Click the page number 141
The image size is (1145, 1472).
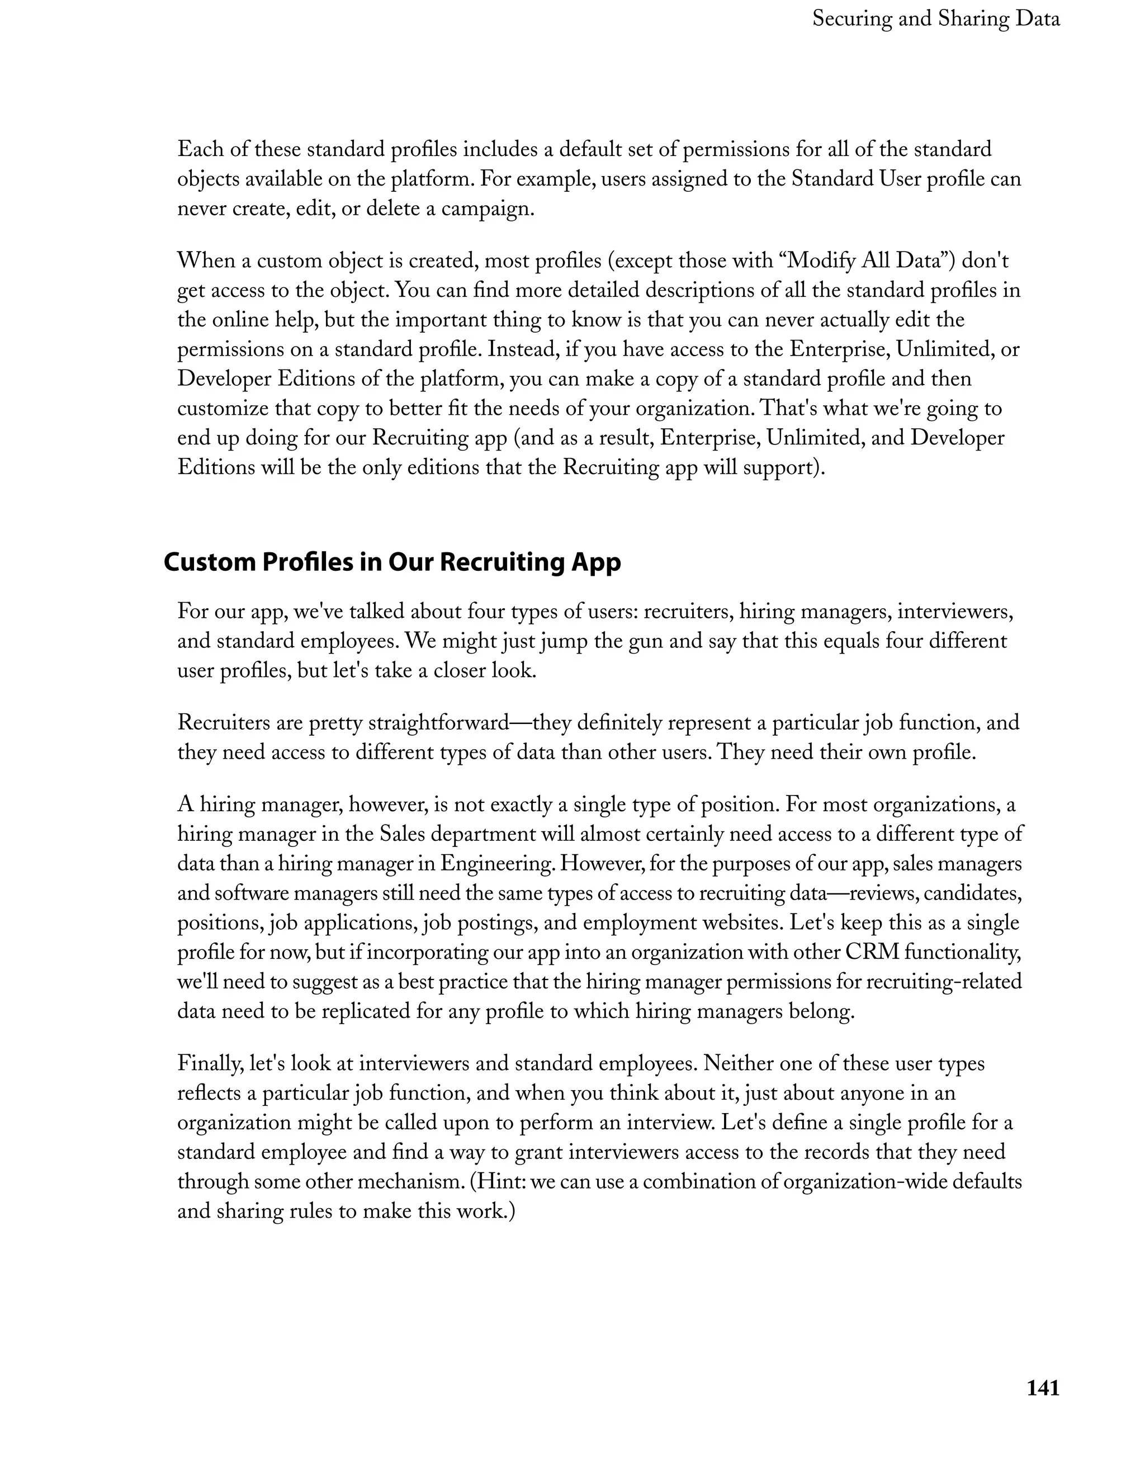pyautogui.click(x=1043, y=1388)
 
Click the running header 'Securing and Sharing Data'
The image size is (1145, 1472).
pyautogui.click(x=935, y=19)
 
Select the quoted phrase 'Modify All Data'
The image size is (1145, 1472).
pyautogui.click(x=869, y=260)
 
